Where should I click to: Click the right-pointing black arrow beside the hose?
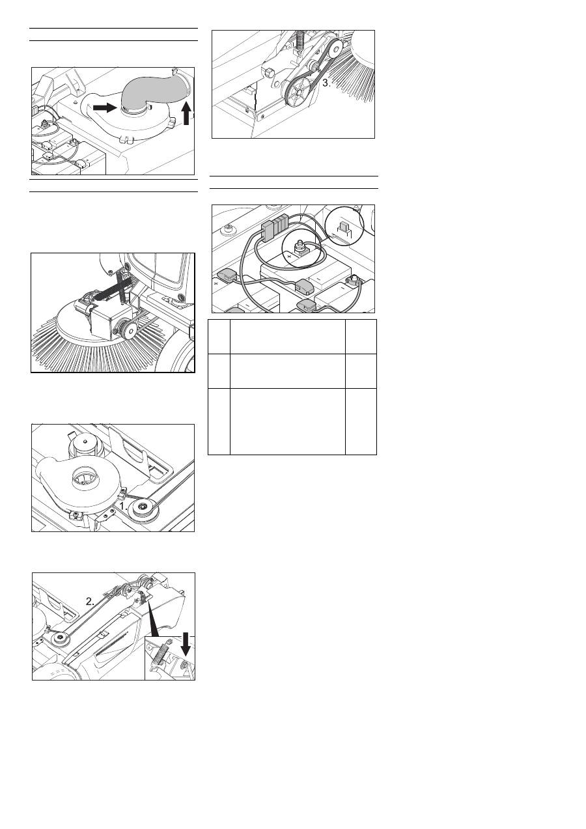coord(105,107)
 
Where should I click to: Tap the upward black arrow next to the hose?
coord(187,113)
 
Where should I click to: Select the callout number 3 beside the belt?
coord(326,83)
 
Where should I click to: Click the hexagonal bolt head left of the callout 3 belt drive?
coord(270,73)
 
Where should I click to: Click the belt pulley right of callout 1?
coord(143,508)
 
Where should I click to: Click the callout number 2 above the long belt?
coord(90,601)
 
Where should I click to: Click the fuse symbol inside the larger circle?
coord(342,230)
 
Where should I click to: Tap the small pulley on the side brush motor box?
coord(123,328)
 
